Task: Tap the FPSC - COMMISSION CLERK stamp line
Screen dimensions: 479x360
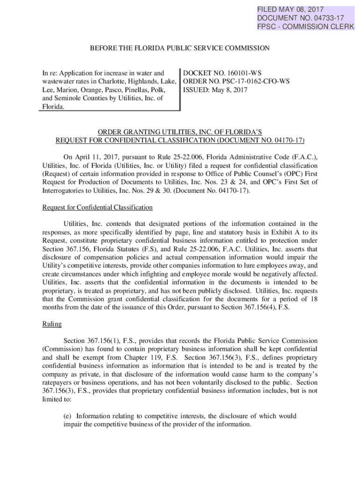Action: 305,26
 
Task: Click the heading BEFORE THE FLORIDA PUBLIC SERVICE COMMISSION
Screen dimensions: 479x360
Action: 180,48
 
